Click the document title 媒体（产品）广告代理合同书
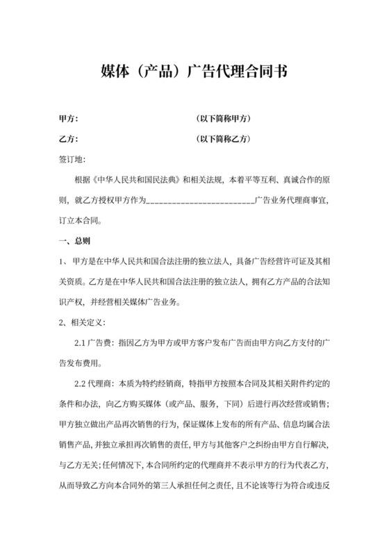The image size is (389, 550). tap(194, 72)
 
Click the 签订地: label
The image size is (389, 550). tap(72, 159)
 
